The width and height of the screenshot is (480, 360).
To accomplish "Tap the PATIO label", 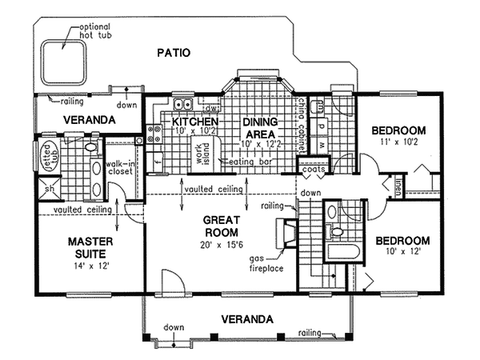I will pyautogui.click(x=174, y=54).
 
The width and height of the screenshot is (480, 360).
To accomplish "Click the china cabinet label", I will pyautogui.click(x=302, y=125).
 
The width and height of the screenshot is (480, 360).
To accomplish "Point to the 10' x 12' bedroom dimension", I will pyautogui.click(x=402, y=252).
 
